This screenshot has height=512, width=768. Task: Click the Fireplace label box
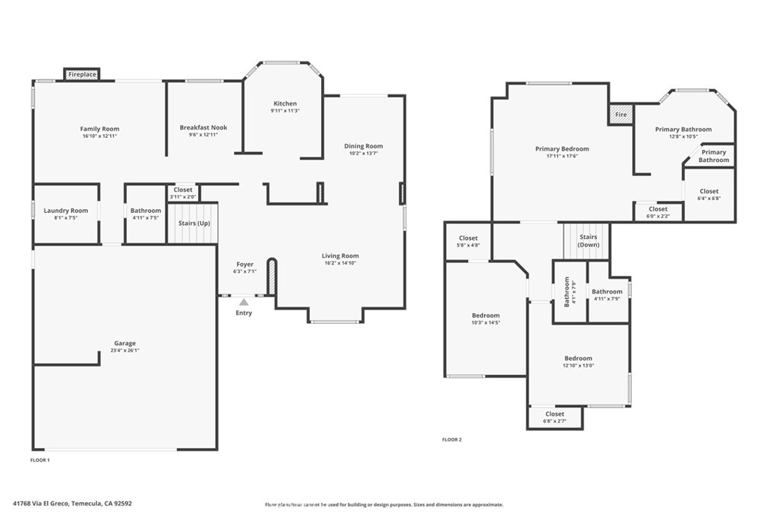click(x=82, y=74)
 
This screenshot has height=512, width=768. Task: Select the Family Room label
click(x=100, y=129)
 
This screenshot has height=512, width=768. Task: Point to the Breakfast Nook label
click(x=203, y=127)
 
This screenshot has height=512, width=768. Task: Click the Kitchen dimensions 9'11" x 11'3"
click(x=285, y=111)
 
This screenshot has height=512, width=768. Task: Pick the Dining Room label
click(x=364, y=146)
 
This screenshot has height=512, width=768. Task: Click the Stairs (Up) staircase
click(x=193, y=223)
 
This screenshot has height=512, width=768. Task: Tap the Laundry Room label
click(x=66, y=211)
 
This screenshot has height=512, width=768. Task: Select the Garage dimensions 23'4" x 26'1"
click(x=124, y=350)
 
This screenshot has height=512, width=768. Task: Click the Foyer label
click(x=244, y=264)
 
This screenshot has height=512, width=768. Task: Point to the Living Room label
click(x=340, y=256)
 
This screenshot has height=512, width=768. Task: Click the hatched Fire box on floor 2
click(x=621, y=115)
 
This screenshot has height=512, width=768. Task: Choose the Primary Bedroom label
click(x=562, y=149)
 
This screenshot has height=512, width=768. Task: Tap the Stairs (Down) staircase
click(x=587, y=241)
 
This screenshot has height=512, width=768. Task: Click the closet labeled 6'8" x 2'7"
click(x=555, y=417)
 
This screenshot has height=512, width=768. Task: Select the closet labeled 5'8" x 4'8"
click(x=468, y=241)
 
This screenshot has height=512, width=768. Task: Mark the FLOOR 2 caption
click(x=451, y=439)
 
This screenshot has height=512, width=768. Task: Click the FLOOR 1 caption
click(x=40, y=460)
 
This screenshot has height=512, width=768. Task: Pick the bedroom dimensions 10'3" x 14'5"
click(x=485, y=322)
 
